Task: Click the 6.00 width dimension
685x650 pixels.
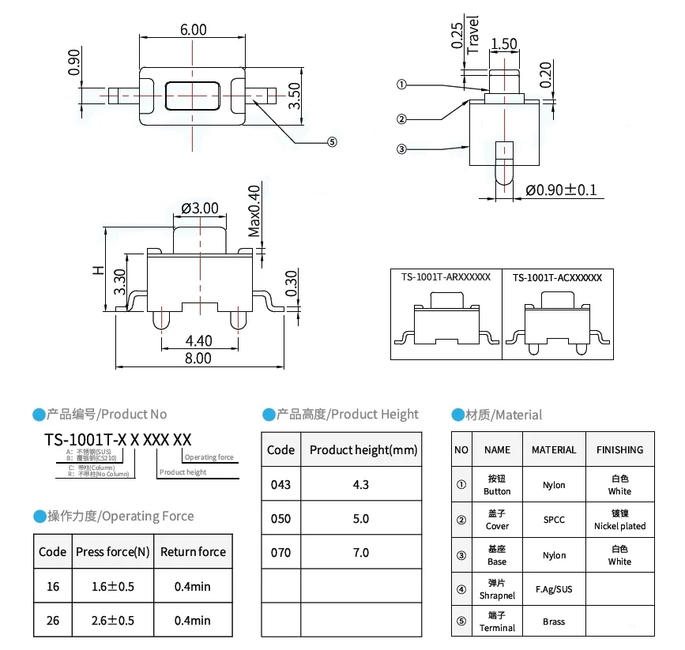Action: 194,29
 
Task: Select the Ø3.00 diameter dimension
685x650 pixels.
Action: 200,209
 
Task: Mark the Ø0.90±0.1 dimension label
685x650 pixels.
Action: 561,190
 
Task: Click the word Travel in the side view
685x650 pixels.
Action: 474,34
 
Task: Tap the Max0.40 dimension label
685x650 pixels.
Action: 254,211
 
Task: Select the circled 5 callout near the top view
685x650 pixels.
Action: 332,142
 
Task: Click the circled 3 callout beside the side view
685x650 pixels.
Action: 401,148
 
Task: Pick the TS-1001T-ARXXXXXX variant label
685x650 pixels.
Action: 446,277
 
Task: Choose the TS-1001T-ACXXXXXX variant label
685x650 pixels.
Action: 557,277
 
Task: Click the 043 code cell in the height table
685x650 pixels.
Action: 280,484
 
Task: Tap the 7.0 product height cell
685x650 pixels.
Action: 361,552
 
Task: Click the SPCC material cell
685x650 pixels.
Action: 554,520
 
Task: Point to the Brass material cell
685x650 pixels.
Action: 554,622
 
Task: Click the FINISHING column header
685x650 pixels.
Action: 619,449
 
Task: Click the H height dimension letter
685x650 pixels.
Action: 98,269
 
